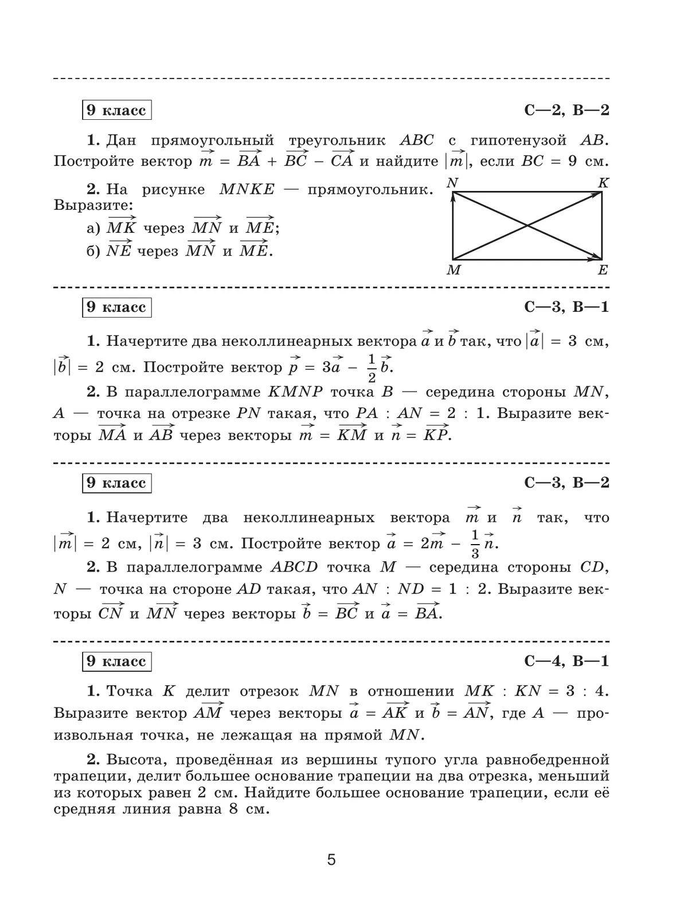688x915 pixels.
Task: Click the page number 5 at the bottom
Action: point(331,860)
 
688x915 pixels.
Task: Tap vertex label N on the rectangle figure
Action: point(452,183)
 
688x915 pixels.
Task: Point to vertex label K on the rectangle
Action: point(603,183)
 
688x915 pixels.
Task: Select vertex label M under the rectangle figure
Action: point(454,270)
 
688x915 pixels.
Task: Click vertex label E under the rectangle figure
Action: point(603,270)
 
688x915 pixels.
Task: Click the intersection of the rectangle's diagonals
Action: point(527,226)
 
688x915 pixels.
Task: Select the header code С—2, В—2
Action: point(566,110)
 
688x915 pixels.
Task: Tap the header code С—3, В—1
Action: point(566,307)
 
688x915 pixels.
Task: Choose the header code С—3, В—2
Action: point(566,483)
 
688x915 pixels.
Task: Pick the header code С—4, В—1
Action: point(566,661)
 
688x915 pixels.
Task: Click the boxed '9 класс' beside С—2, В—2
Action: point(116,110)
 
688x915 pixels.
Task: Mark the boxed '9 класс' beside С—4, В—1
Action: point(116,661)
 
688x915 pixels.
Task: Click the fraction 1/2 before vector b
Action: point(372,368)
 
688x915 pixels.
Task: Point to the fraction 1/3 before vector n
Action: point(475,544)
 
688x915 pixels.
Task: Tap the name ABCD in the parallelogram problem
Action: point(294,568)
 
